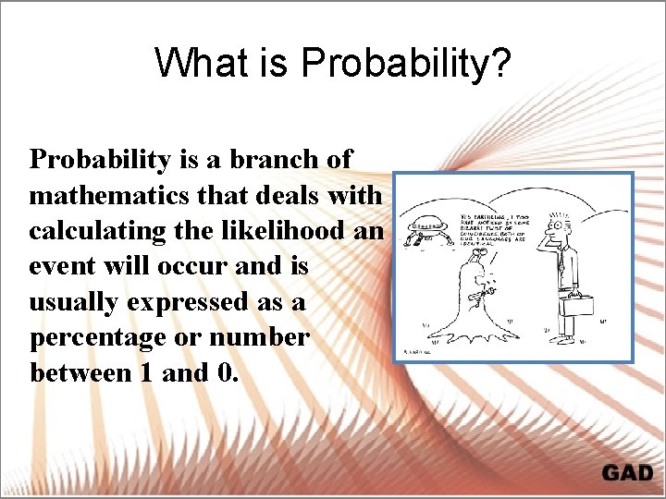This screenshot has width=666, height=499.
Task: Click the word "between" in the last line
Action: pyautogui.click(x=74, y=373)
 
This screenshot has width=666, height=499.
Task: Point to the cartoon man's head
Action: pyautogui.click(x=561, y=225)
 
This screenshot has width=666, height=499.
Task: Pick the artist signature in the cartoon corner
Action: pyautogui.click(x=419, y=350)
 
